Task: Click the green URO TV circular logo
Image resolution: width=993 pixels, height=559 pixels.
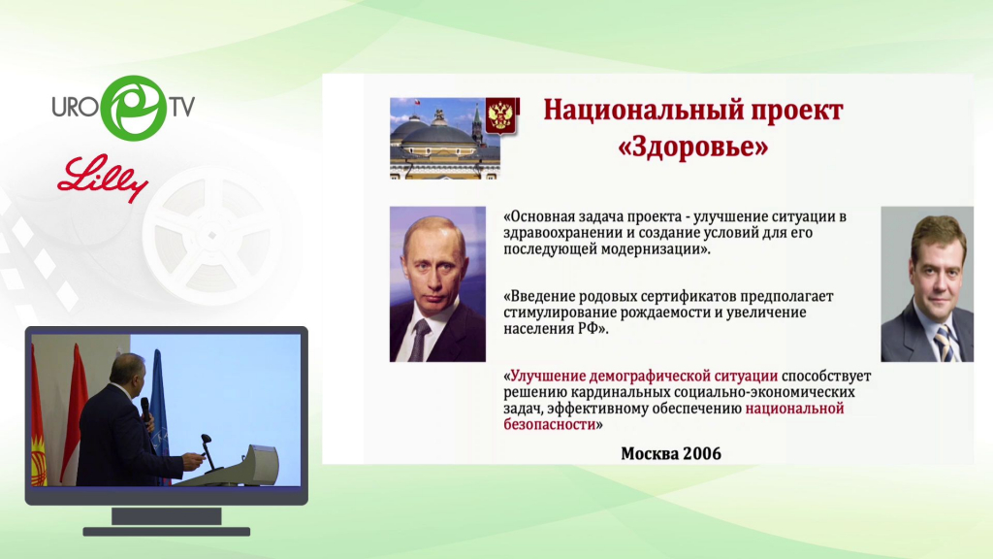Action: point(134,108)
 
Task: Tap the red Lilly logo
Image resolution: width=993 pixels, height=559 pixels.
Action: point(103,179)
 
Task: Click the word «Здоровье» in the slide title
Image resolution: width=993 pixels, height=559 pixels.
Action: point(692,147)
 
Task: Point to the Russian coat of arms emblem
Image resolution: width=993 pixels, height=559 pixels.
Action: point(501,115)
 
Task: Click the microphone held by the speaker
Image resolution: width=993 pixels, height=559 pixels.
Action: point(146,411)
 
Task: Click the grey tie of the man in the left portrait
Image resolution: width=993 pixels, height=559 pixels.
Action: point(419,341)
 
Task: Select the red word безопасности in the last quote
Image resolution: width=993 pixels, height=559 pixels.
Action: point(550,425)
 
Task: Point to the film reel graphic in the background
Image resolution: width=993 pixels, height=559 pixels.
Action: point(211,235)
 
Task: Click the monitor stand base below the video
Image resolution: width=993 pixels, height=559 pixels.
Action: point(167,532)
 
